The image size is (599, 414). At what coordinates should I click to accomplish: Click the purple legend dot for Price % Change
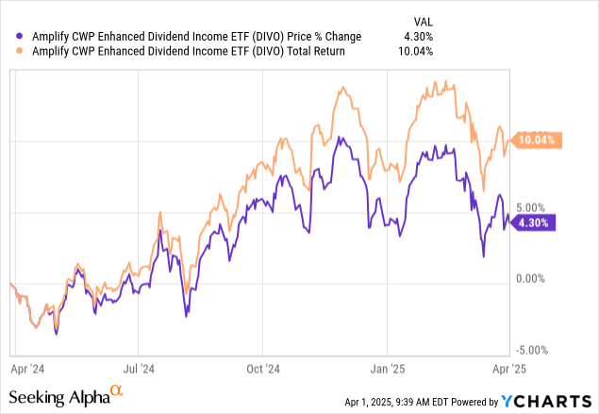[x=22, y=36]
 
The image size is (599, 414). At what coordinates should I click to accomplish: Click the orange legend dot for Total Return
[x=22, y=51]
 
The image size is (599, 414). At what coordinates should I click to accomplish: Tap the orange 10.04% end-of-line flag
[x=538, y=141]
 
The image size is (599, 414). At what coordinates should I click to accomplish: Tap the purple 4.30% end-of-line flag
[x=536, y=223]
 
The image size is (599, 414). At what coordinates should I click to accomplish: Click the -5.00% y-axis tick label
[x=534, y=350]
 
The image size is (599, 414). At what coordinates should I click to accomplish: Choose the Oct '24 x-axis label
[x=265, y=371]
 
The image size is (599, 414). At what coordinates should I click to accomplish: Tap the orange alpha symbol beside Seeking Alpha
[x=116, y=390]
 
